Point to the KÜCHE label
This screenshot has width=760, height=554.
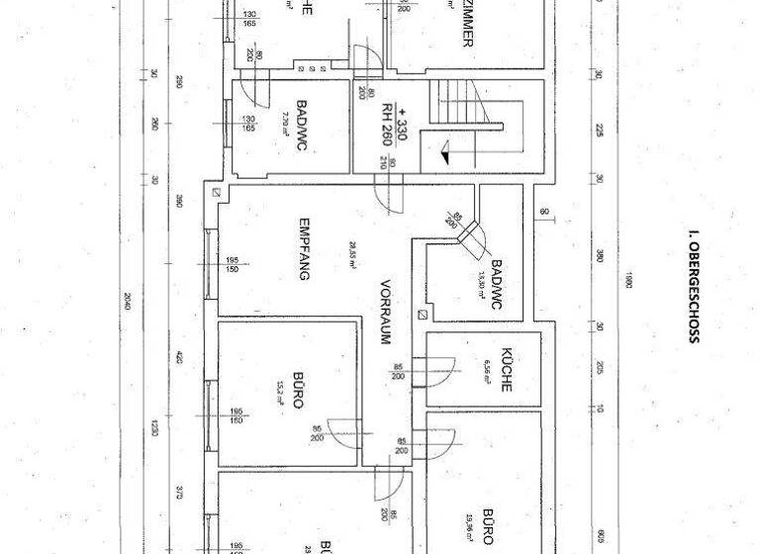coord(506,370)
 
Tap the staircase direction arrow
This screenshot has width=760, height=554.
coord(442,152)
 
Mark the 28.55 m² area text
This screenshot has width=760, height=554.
coord(351,255)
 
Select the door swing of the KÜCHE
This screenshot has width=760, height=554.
coord(438,370)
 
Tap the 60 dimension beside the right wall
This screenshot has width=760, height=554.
coord(544,211)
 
